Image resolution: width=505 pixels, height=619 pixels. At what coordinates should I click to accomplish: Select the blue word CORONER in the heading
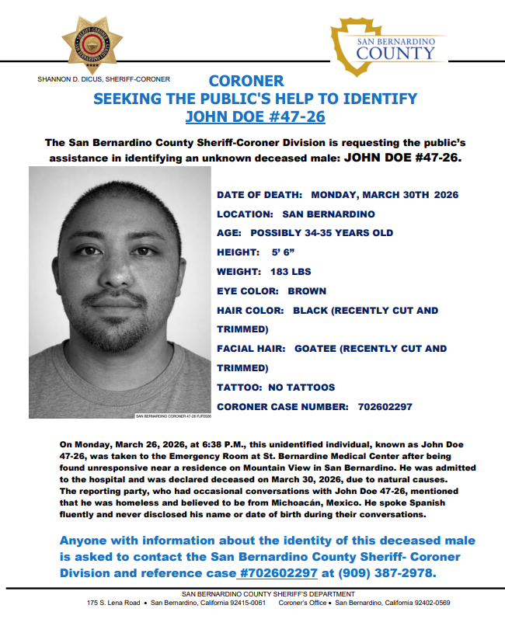246,81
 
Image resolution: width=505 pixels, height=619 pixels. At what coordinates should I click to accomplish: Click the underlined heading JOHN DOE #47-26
255,117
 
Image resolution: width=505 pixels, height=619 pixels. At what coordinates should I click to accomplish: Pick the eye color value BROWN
307,291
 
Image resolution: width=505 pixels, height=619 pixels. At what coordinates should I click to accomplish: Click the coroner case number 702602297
385,407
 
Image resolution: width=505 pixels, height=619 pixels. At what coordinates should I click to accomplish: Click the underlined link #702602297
277,573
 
